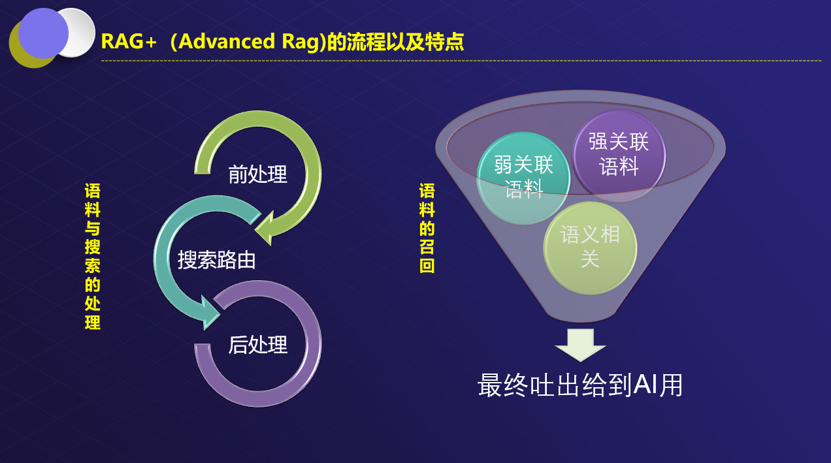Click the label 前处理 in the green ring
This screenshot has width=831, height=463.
pyautogui.click(x=257, y=174)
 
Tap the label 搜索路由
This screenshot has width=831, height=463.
pyautogui.click(x=216, y=260)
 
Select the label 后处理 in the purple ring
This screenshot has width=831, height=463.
pyautogui.click(x=257, y=344)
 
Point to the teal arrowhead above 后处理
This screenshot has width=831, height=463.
pyautogui.click(x=211, y=312)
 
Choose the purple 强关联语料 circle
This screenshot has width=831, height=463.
pyautogui.click(x=618, y=155)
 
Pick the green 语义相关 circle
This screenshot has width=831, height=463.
pyautogui.click(x=589, y=247)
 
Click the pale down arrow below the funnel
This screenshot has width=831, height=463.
pyautogui.click(x=580, y=344)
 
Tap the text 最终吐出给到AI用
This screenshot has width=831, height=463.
pyautogui.click(x=580, y=385)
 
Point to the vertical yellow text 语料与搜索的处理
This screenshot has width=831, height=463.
pyautogui.click(x=92, y=256)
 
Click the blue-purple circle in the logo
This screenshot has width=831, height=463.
pyautogui.click(x=43, y=33)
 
